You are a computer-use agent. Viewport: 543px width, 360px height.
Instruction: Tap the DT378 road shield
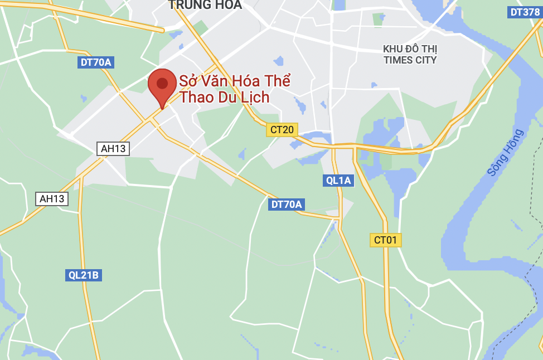[x=525, y=12]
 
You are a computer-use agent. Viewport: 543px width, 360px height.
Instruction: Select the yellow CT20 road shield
[x=282, y=130]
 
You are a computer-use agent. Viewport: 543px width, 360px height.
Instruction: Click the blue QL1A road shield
[x=338, y=180]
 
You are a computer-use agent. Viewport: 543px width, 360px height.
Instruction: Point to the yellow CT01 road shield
[x=386, y=240]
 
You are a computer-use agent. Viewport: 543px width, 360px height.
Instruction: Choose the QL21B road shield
[x=84, y=275]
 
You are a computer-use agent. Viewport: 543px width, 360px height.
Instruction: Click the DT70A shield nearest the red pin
[x=96, y=62]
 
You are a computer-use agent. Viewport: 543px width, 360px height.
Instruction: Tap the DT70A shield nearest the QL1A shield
[x=287, y=205]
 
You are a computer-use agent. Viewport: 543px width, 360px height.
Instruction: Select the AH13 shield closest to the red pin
[x=113, y=148]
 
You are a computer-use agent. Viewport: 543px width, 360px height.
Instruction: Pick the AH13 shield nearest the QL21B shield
[x=52, y=198]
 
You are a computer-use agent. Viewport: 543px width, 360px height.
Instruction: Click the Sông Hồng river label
[x=505, y=153]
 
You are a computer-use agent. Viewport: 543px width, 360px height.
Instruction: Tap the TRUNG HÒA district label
[x=205, y=5]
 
